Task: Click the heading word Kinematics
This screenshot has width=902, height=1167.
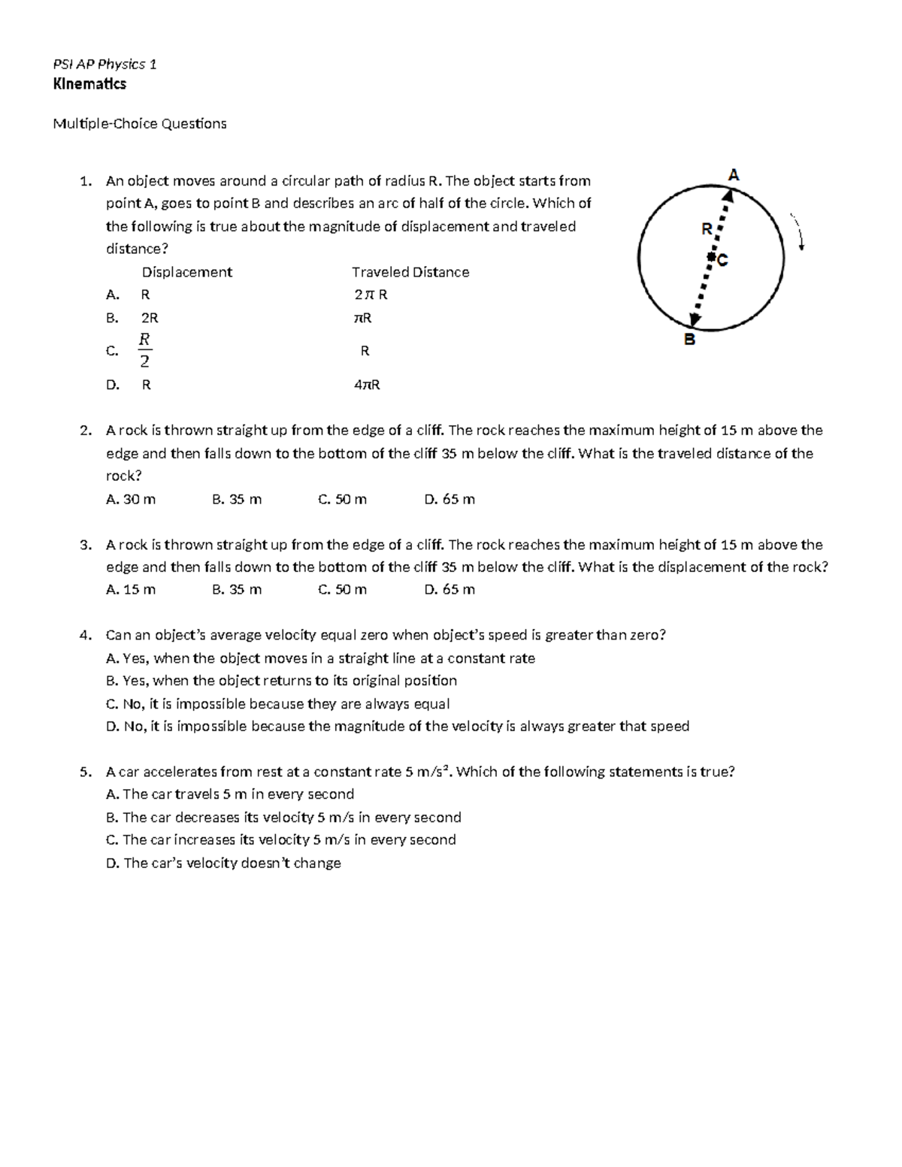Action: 89,84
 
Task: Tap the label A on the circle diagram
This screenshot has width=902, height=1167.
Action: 734,175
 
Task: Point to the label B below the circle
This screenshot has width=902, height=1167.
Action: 689,340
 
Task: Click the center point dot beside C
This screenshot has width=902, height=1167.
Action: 710,258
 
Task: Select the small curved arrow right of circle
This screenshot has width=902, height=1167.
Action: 798,231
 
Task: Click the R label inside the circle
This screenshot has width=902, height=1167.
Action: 707,229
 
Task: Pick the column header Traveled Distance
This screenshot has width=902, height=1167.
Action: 410,272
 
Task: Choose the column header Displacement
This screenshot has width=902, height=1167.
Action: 187,272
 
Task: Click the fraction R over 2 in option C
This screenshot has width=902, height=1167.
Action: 145,350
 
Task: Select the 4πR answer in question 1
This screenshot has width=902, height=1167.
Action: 367,385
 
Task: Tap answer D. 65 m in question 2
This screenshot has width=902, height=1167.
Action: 449,499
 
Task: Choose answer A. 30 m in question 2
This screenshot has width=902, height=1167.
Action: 131,499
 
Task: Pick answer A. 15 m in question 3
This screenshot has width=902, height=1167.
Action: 131,589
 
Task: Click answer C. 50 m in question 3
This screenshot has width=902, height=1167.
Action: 342,589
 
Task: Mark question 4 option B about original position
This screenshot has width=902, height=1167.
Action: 282,681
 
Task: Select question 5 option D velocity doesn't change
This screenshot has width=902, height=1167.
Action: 224,863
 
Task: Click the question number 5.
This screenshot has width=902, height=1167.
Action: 85,772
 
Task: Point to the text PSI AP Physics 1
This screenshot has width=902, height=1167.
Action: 104,64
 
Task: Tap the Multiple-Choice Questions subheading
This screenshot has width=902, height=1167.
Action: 139,123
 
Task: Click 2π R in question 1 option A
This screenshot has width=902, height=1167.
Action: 371,295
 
